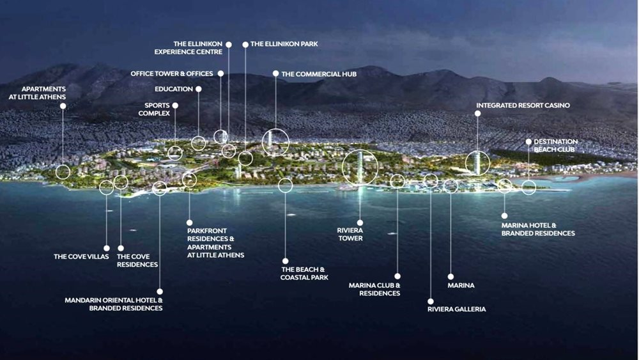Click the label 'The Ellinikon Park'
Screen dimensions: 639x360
[x=284, y=44]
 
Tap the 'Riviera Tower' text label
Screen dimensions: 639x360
[x=350, y=235]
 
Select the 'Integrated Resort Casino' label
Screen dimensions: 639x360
[x=523, y=106]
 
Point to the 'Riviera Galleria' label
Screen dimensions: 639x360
[x=456, y=309]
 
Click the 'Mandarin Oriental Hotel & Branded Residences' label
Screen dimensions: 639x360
[x=114, y=304]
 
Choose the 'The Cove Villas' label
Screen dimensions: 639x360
[x=81, y=256]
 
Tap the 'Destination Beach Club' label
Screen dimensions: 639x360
[x=555, y=146]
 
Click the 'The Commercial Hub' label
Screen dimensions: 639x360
[x=319, y=74]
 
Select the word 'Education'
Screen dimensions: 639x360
[x=174, y=89]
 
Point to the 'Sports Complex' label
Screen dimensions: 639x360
[x=154, y=109]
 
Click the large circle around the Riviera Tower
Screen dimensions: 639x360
[x=360, y=167]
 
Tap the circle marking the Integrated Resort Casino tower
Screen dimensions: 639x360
[x=477, y=163]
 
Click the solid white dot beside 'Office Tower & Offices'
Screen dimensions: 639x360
[x=221, y=74]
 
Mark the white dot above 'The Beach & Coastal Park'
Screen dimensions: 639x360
[x=285, y=261]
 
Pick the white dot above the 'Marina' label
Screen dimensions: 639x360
[x=450, y=277]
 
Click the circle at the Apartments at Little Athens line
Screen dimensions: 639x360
[x=63, y=172]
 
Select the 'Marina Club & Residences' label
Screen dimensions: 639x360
[x=374, y=290]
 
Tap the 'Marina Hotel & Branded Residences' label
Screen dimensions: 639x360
[x=538, y=229]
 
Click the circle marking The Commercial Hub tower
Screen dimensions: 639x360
[x=275, y=143]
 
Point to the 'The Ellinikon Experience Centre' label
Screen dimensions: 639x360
[x=189, y=48]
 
